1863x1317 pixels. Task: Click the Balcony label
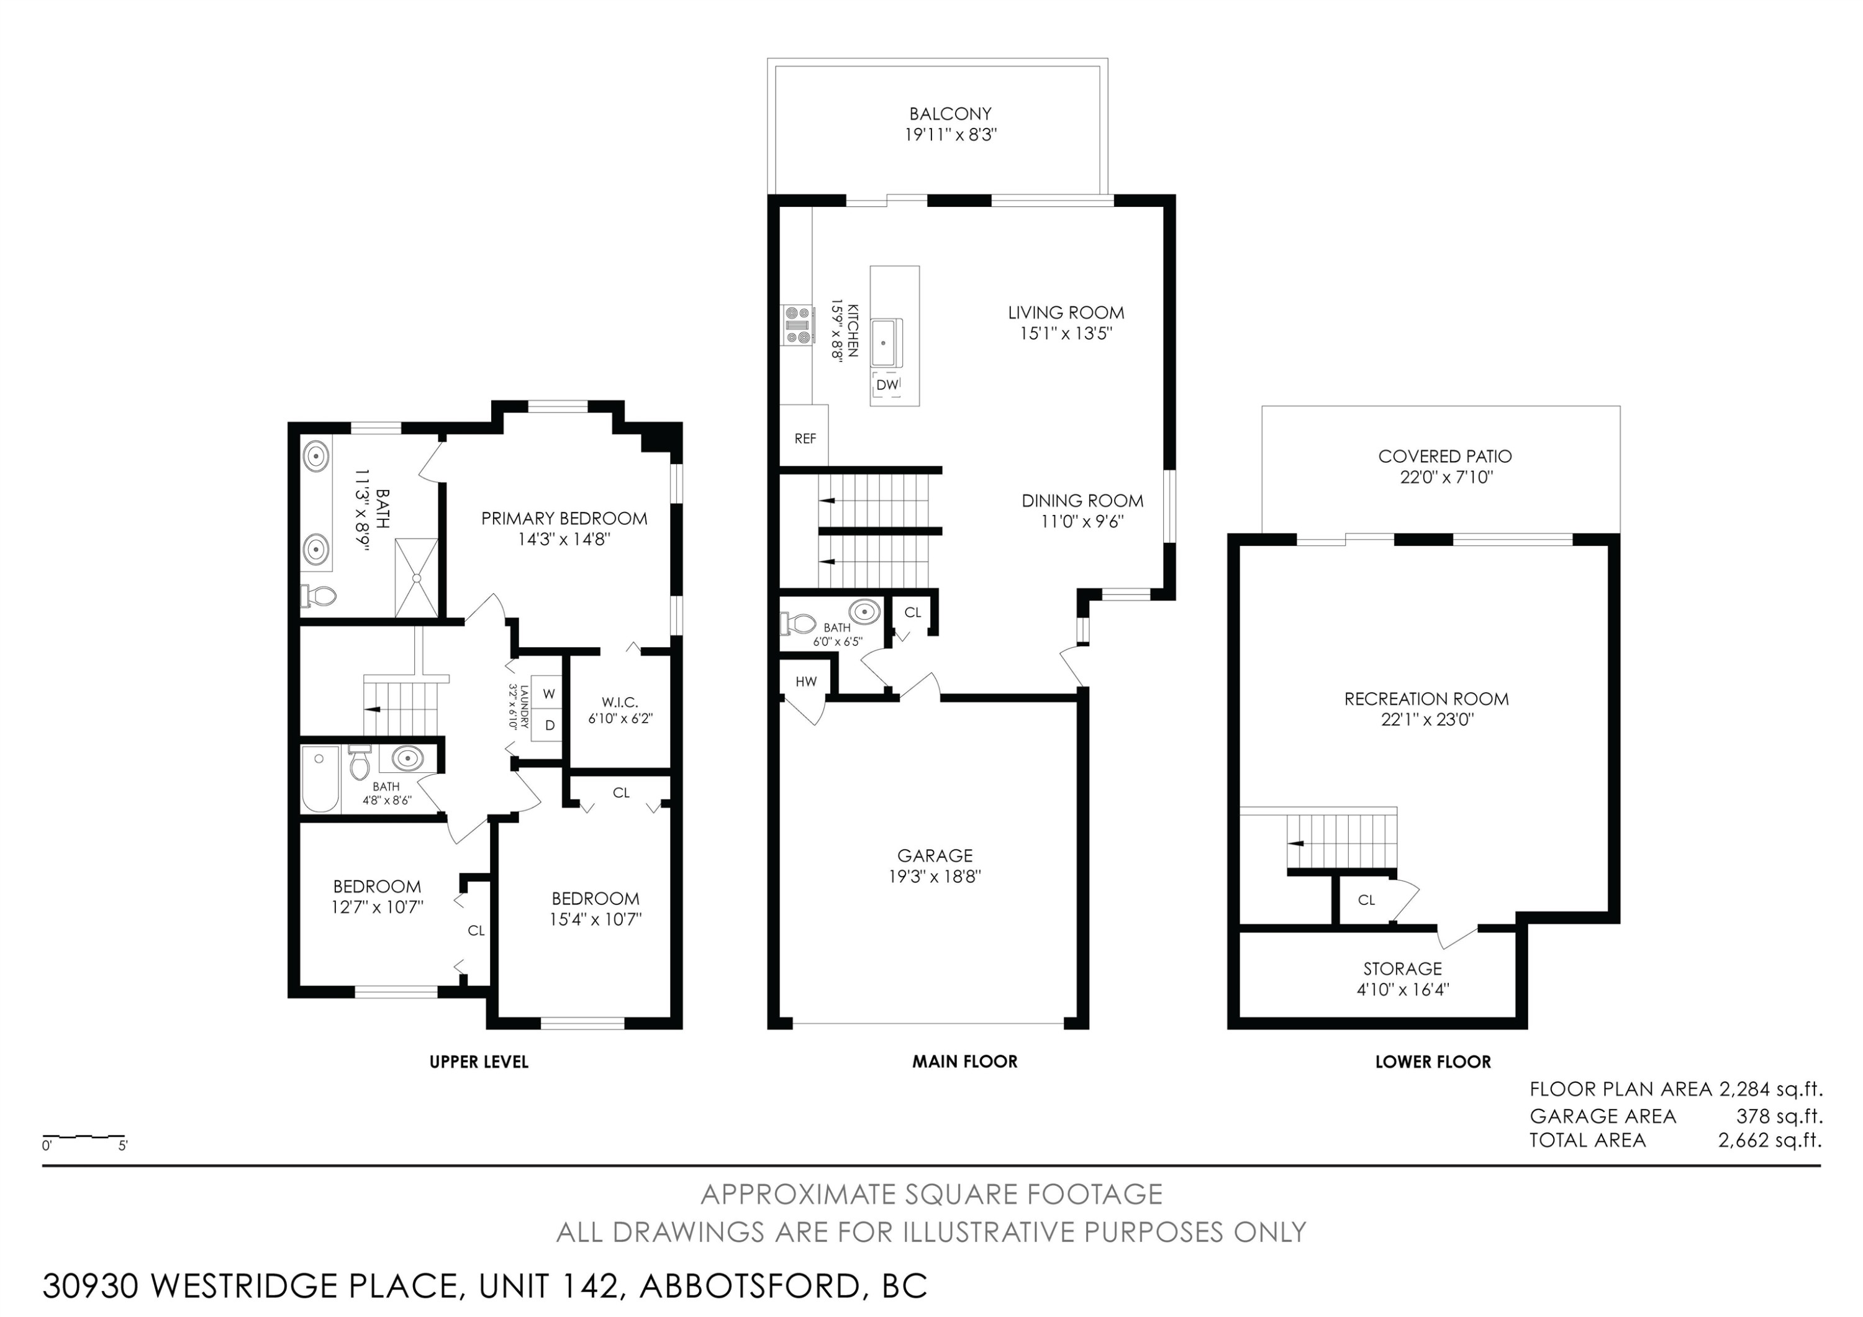[950, 114]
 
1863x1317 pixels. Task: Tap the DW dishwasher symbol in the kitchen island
[887, 385]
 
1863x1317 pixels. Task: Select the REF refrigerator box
[804, 435]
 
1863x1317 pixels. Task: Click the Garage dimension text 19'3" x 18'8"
[935, 877]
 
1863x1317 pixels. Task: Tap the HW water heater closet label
[805, 681]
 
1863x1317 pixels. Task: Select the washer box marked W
[548, 694]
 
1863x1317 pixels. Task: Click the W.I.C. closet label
[620, 702]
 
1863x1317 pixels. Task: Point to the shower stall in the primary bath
[416, 577]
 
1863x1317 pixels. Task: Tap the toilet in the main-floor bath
[799, 623]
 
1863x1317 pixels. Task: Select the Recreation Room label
[1426, 699]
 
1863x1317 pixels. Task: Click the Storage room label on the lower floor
[1402, 968]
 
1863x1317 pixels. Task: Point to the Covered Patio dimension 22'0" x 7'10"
[1446, 477]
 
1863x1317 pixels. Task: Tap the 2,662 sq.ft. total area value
[1770, 1140]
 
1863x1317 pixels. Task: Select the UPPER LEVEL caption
[479, 1062]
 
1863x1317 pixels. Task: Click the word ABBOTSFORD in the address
[750, 1285]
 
